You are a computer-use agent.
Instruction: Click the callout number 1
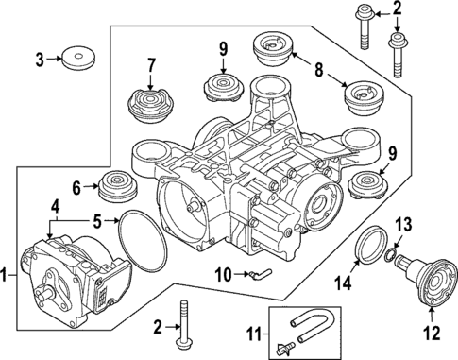coord(8,277)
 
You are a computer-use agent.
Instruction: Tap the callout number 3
coord(39,60)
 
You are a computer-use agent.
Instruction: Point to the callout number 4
coord(56,206)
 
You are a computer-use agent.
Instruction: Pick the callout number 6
coord(78,187)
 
